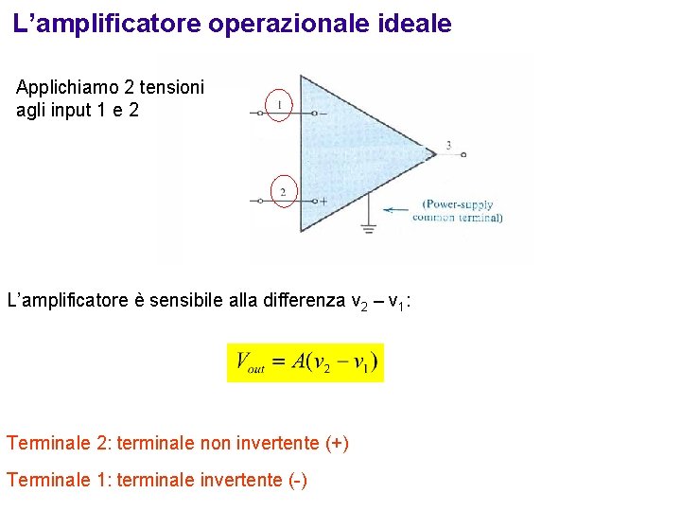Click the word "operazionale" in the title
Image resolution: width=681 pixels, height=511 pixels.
[289, 24]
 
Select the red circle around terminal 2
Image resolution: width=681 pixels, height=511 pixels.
[283, 191]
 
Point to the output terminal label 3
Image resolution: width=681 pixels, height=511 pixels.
[448, 145]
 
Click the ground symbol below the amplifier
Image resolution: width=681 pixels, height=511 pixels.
[367, 227]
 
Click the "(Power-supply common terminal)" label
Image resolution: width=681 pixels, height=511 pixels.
[459, 210]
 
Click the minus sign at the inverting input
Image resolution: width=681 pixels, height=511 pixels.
[323, 114]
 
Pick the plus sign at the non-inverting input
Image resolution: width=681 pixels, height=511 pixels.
[323, 201]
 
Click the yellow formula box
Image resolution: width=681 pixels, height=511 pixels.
[306, 362]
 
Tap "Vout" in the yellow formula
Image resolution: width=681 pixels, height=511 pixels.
[250, 362]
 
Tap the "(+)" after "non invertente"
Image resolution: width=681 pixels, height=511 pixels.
[337, 443]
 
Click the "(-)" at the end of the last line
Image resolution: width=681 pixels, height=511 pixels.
[297, 481]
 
